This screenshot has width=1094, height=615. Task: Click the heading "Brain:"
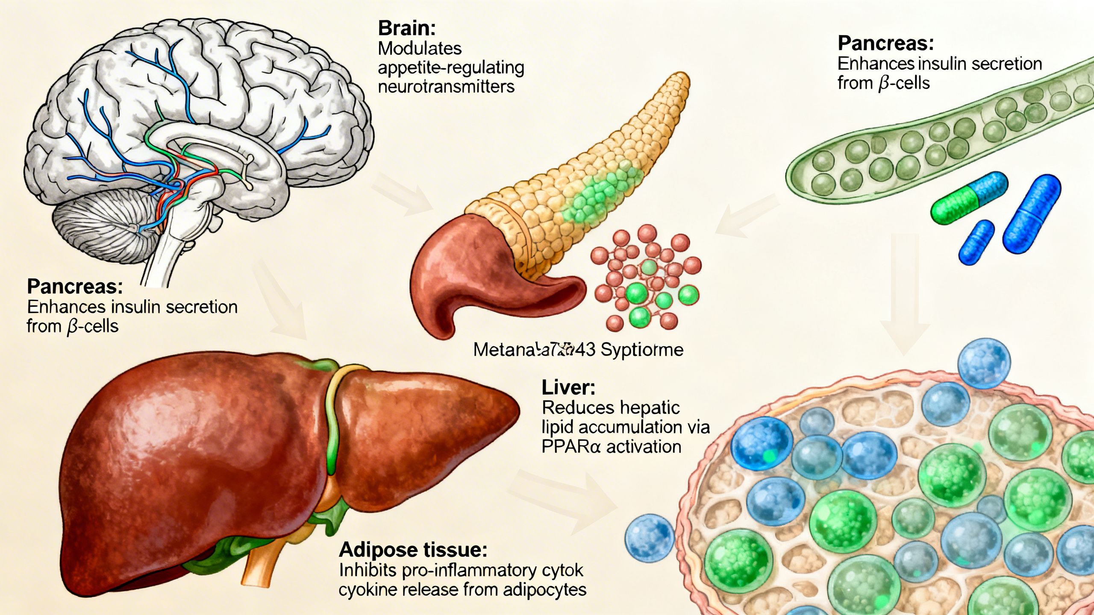(406, 29)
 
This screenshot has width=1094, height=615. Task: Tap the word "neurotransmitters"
(446, 87)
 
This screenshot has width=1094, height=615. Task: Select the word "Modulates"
(420, 48)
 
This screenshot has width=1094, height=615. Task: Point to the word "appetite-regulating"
(451, 67)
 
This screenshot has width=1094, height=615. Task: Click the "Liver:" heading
(568, 388)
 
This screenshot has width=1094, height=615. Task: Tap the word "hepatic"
(650, 408)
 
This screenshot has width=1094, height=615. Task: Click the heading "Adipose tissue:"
(413, 550)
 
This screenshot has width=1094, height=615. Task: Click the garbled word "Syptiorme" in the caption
(642, 350)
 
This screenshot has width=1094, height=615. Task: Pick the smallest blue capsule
(976, 242)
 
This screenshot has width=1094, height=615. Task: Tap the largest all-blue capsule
(1032, 214)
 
